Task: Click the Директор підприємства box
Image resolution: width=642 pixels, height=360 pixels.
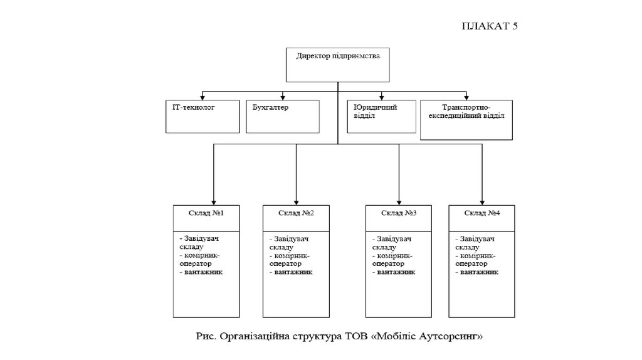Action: click(x=337, y=65)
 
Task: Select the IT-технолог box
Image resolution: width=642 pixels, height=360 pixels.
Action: click(x=203, y=116)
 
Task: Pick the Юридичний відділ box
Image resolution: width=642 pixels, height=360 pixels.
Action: click(x=381, y=115)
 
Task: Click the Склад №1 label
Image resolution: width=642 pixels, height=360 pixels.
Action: click(x=208, y=214)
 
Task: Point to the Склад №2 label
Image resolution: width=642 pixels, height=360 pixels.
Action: click(x=296, y=214)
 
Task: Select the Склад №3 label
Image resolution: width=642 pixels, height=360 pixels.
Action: click(x=399, y=214)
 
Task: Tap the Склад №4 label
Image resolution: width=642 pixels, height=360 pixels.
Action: click(x=481, y=214)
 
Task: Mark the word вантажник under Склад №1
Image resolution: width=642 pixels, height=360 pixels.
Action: click(x=204, y=273)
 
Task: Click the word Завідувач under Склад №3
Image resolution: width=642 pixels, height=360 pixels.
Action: click(x=394, y=239)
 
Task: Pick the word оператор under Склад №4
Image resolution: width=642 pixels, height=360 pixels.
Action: click(x=475, y=264)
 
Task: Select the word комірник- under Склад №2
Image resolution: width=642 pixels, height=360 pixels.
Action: click(x=292, y=256)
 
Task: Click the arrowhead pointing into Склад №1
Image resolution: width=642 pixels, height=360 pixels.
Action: click(x=214, y=201)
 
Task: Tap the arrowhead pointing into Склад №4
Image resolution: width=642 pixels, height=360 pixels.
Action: click(x=481, y=201)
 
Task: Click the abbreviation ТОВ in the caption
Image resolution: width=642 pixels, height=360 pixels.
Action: click(x=353, y=337)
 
